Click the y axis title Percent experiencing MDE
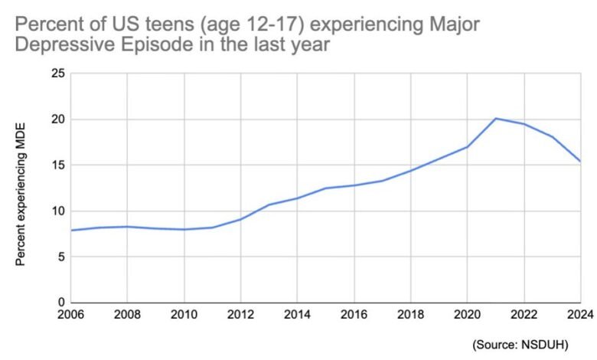click(21, 188)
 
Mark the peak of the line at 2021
click(495, 118)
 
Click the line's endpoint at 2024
click(579, 162)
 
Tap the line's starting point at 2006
click(70, 230)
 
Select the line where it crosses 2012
click(240, 219)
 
